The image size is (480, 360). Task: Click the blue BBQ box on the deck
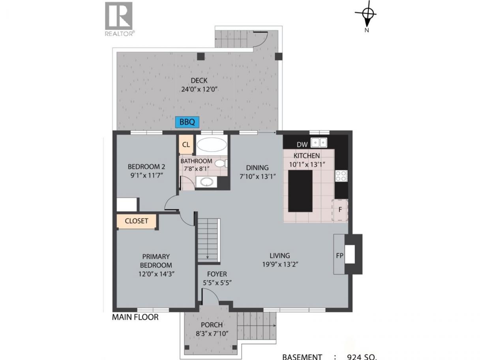(x=187, y=122)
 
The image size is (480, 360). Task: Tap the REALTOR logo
(x=119, y=19)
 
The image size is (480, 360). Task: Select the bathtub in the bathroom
(x=212, y=144)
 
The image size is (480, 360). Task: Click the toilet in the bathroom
(x=221, y=163)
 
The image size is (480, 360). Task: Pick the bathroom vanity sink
(x=206, y=182)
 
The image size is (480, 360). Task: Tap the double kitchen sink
(x=319, y=142)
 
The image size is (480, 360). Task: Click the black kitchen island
(x=300, y=191)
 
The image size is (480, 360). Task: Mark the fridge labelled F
(x=340, y=210)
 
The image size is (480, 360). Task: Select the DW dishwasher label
(x=302, y=144)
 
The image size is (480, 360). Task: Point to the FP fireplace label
(x=339, y=255)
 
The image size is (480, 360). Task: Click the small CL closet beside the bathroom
(x=186, y=144)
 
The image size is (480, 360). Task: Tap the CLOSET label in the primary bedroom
(x=137, y=221)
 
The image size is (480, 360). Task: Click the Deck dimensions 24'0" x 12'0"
(x=199, y=89)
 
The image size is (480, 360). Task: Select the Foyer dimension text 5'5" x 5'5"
(x=217, y=283)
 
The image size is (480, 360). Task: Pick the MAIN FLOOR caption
(x=135, y=317)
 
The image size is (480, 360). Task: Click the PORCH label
(x=212, y=325)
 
